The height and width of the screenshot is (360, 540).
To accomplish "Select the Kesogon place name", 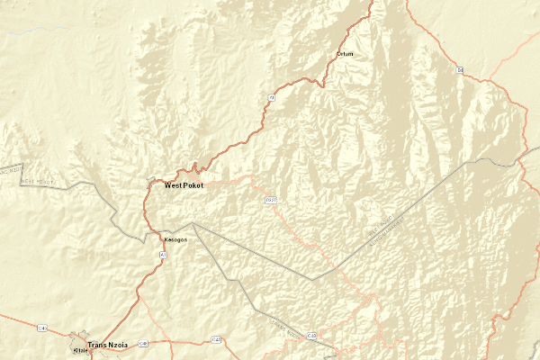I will (175, 240).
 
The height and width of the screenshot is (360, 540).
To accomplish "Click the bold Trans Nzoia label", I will (111, 346).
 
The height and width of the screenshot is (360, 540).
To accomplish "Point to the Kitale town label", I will (80, 351).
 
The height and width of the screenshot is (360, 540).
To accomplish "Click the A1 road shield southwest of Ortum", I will (270, 95).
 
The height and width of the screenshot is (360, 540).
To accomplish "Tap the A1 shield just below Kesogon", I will (163, 256).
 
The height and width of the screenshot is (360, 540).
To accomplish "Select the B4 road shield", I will (459, 69).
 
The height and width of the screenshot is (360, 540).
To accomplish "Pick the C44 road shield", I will (42, 328).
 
